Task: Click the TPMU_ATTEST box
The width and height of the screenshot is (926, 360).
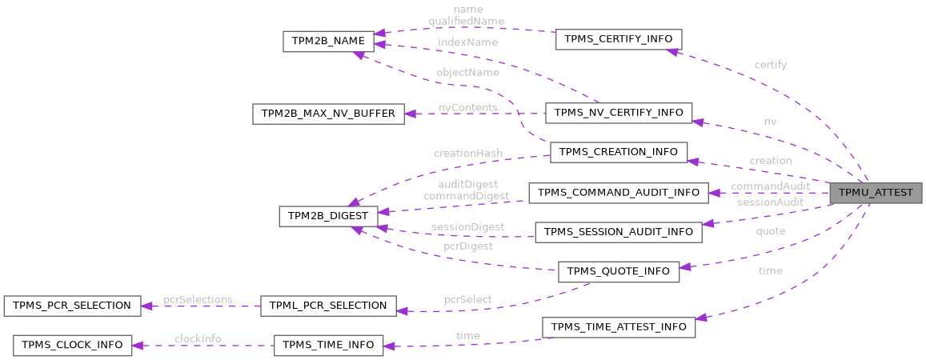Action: [876, 193]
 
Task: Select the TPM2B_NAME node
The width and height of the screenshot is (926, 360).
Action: [328, 41]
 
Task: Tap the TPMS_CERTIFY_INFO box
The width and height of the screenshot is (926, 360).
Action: [618, 38]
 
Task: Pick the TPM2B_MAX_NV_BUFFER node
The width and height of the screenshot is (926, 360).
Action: [328, 114]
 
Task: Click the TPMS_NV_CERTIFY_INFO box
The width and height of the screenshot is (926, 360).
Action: [618, 112]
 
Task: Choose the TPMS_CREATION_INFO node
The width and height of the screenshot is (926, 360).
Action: [618, 152]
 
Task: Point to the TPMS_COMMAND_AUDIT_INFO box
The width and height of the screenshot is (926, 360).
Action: [618, 192]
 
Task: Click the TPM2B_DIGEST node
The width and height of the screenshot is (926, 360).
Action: [328, 216]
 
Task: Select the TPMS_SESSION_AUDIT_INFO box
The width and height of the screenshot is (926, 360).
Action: [618, 232]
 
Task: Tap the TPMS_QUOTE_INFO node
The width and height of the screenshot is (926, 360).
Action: [618, 271]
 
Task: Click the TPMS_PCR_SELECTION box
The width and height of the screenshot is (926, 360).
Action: [67, 305]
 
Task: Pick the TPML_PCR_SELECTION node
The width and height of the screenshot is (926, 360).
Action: [328, 305]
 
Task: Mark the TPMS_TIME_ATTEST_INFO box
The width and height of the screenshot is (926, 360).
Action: [618, 327]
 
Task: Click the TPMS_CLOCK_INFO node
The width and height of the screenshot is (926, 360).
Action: [72, 345]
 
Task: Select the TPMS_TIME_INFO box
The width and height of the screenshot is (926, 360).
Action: [328, 345]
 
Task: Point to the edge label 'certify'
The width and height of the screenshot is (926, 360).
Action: [770, 65]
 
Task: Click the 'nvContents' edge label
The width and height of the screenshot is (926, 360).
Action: [468, 107]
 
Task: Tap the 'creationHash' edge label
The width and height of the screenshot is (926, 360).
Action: [468, 153]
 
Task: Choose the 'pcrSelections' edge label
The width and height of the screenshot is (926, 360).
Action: [198, 299]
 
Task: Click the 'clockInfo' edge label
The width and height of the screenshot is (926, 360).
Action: [198, 338]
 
